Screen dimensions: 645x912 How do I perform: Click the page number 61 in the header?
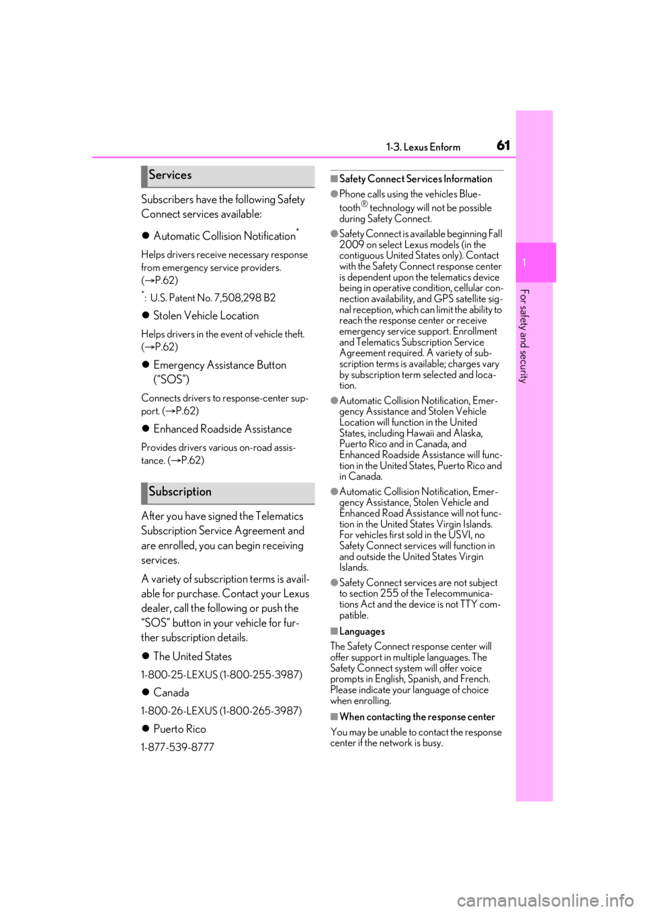[503, 145]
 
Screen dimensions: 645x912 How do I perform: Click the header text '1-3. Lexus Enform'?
[423, 147]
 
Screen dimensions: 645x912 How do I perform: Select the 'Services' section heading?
[170, 175]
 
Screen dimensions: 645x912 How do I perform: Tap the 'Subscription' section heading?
[180, 492]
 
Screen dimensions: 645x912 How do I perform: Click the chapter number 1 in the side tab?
[525, 263]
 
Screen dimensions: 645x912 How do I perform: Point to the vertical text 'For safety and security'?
[525, 336]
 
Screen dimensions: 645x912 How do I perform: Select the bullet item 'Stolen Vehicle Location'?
[206, 316]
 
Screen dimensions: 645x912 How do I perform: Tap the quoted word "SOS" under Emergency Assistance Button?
[171, 379]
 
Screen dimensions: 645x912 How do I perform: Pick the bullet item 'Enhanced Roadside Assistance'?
[222, 429]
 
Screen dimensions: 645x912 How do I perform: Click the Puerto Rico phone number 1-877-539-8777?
[177, 747]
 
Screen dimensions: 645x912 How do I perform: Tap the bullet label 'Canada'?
[171, 692]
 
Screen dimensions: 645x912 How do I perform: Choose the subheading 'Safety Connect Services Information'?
[416, 179]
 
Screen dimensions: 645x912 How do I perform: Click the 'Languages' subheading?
[362, 631]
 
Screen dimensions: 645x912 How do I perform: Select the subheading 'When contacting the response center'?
[417, 717]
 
